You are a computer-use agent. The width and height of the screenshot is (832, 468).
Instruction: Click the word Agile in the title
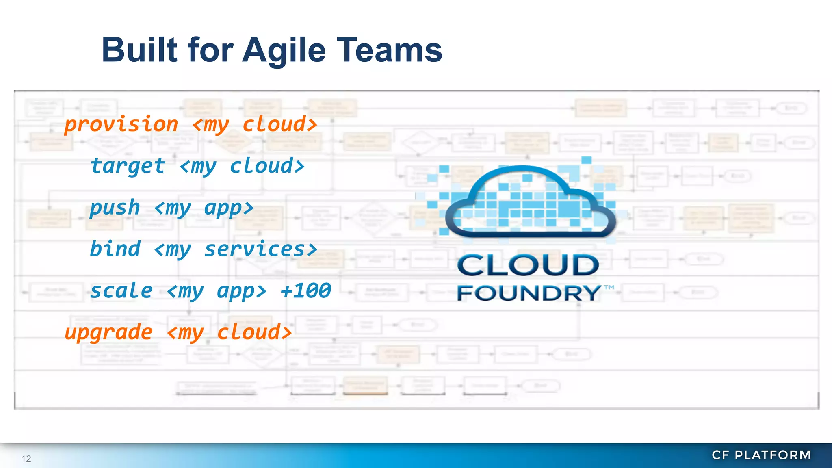click(284, 50)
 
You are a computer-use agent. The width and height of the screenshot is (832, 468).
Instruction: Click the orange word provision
click(121, 124)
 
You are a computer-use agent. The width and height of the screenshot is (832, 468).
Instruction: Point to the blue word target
click(128, 166)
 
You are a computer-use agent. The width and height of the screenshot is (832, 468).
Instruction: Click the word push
click(115, 208)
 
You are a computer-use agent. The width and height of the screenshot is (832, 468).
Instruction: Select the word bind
click(115, 249)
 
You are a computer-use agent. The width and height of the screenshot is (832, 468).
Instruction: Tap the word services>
click(260, 249)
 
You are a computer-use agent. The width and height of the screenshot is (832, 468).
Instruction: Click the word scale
click(121, 291)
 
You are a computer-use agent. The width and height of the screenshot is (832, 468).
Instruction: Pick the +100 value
click(305, 291)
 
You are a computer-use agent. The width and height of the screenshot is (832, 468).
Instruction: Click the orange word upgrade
click(108, 333)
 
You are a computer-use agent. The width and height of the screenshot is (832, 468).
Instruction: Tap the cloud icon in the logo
click(531, 201)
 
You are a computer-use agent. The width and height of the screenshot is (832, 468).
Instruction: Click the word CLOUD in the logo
click(528, 265)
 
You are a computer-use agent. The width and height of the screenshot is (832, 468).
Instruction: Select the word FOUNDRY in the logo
click(529, 293)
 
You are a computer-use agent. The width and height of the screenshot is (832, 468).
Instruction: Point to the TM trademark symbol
click(609, 288)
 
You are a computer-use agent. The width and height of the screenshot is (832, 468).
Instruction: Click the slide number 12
click(26, 459)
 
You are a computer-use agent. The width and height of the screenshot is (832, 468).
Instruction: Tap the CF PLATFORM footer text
click(761, 455)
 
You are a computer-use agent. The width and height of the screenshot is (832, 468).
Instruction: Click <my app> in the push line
click(204, 208)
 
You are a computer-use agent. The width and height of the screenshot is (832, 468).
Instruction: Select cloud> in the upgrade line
click(254, 333)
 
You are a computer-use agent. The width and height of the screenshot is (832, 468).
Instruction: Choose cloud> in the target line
click(267, 166)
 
